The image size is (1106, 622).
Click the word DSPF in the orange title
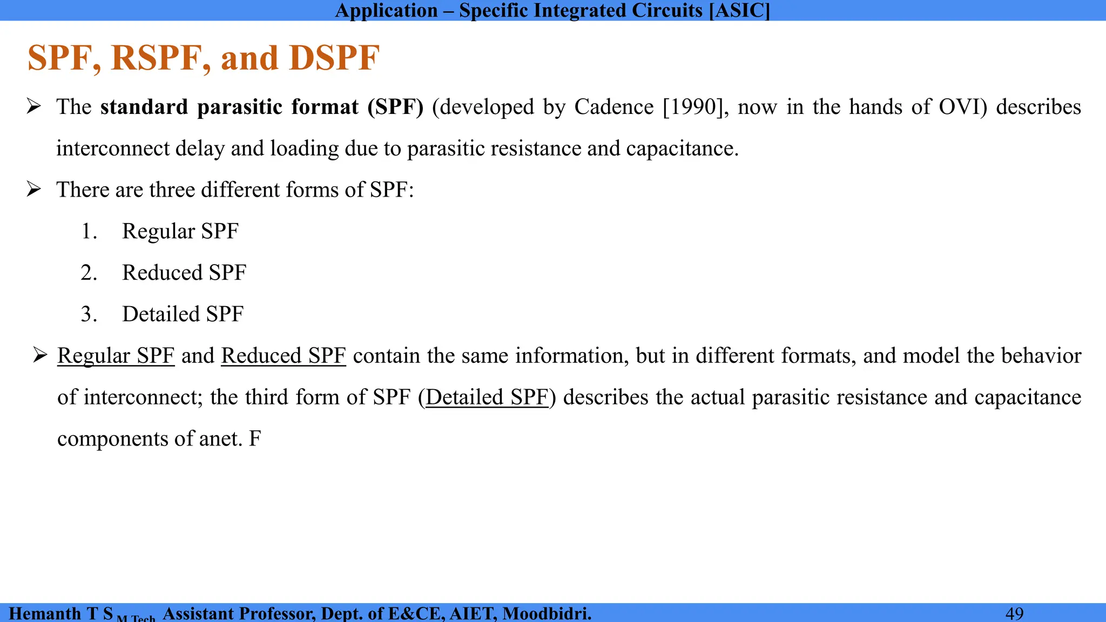tap(334, 58)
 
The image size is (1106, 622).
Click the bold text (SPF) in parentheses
tap(395, 107)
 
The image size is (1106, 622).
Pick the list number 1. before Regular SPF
tap(89, 232)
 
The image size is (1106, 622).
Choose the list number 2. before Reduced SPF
tap(89, 273)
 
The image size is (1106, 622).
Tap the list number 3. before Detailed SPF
tap(89, 314)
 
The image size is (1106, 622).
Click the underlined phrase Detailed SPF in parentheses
tap(487, 397)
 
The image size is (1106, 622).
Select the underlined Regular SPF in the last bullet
tap(116, 356)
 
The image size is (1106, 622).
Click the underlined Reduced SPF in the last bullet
tap(284, 356)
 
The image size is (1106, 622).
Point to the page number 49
tap(1014, 614)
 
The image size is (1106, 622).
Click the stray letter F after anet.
tap(255, 439)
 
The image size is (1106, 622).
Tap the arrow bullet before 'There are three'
tap(34, 190)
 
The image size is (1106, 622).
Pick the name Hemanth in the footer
tap(45, 614)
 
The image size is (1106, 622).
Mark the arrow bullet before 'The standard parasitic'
tap(34, 107)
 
